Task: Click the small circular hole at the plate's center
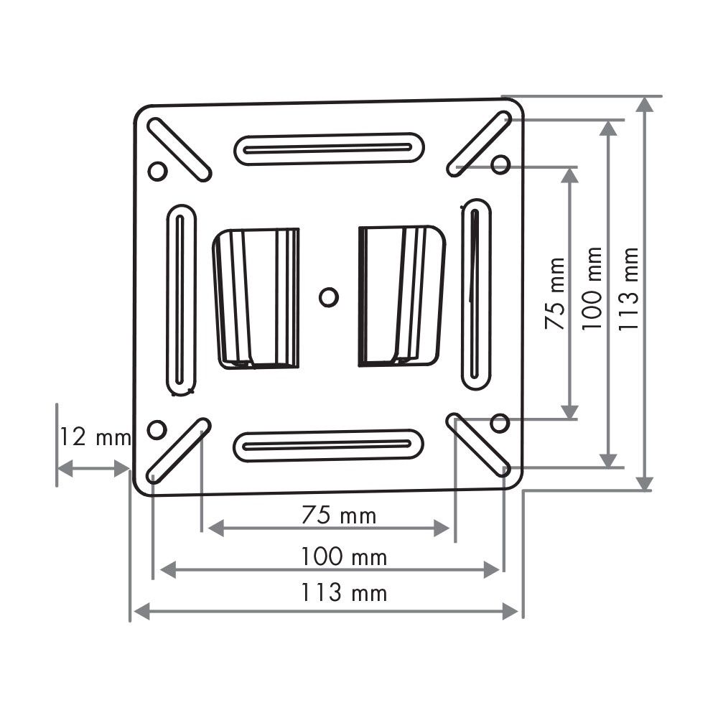pyautogui.click(x=328, y=297)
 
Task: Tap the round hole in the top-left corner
pyautogui.click(x=157, y=172)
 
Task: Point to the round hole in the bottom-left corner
pyautogui.click(x=157, y=430)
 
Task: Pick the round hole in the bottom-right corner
pyautogui.click(x=500, y=423)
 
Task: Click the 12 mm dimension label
pyautogui.click(x=95, y=437)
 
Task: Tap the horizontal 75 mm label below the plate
pyautogui.click(x=339, y=515)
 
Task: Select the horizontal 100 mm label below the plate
pyautogui.click(x=343, y=557)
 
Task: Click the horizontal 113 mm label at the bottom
pyautogui.click(x=343, y=592)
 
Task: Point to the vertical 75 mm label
pyautogui.click(x=555, y=294)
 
